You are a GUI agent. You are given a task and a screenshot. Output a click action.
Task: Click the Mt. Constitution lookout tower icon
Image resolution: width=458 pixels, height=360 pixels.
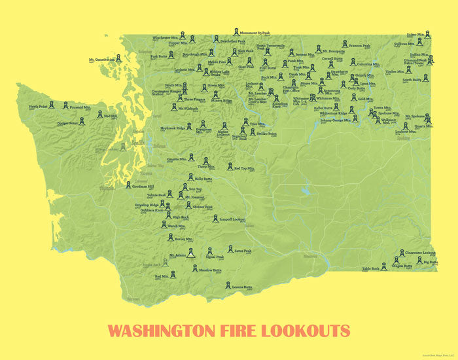[x=120, y=59]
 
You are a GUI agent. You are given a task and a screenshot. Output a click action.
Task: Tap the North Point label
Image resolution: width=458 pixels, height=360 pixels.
[x=38, y=106]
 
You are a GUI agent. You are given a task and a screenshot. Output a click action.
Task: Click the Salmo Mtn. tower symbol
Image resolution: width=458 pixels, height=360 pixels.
[x=426, y=34]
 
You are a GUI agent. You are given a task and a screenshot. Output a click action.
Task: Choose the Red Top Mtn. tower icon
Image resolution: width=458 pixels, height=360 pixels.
[x=230, y=166]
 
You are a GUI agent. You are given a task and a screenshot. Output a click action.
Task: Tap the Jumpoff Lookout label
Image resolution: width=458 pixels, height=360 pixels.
[x=232, y=219]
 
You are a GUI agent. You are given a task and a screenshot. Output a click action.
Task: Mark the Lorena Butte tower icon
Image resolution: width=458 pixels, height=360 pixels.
[x=228, y=285]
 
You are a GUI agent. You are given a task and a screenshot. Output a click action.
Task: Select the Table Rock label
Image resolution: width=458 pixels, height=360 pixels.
[x=370, y=268]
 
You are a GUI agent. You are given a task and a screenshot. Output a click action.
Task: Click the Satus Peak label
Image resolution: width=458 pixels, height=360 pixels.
[x=243, y=250]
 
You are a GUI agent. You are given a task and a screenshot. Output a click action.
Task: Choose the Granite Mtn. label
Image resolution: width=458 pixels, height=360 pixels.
[x=177, y=158]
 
